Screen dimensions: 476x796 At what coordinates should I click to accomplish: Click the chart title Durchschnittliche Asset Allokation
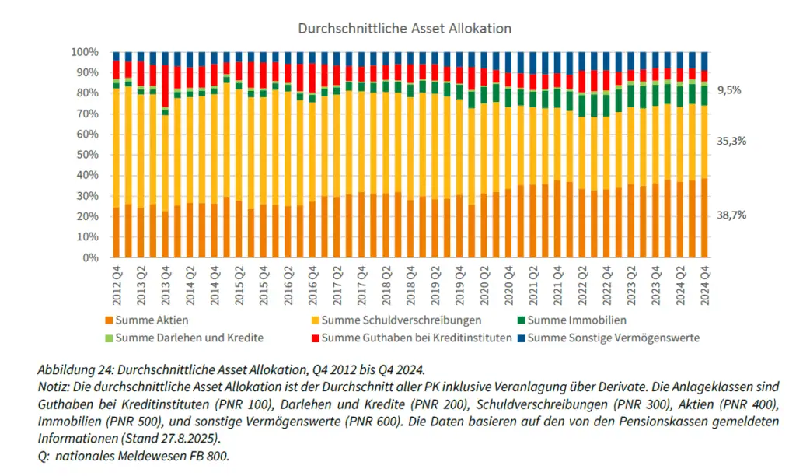pos(404,28)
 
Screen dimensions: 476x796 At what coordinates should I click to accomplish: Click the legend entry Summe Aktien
pos(152,320)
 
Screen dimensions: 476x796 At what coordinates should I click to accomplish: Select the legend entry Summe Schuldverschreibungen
pos(401,320)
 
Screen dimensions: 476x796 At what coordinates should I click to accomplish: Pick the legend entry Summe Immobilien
pos(576,320)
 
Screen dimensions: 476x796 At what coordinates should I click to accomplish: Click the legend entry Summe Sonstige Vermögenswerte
pos(613,338)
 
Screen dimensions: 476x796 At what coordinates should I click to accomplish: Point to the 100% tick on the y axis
pos(85,52)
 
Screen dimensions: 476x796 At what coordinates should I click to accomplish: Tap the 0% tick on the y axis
pos(90,257)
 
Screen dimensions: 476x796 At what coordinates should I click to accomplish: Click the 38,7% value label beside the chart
pos(731,215)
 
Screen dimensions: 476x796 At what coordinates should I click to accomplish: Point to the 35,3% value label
pos(731,141)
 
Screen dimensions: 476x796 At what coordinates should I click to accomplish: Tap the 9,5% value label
pos(729,90)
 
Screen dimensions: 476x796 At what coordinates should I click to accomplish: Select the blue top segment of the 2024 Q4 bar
pos(704,61)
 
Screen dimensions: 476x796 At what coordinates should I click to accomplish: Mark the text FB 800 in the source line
pos(210,457)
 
